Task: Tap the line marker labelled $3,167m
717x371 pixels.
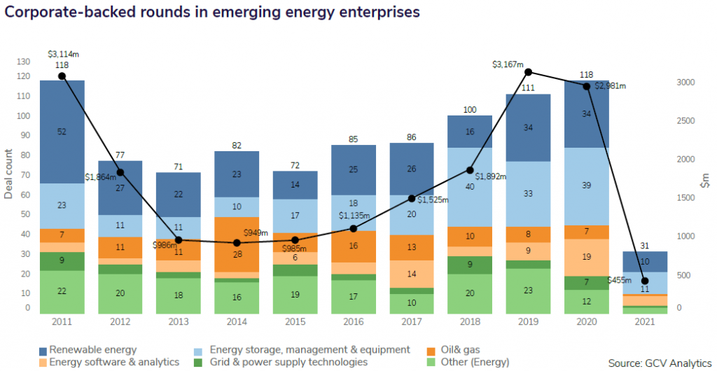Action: click(x=529, y=72)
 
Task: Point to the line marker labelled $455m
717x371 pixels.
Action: click(x=645, y=281)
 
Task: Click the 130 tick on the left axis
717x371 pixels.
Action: click(x=25, y=62)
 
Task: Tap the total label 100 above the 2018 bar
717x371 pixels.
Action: click(x=470, y=109)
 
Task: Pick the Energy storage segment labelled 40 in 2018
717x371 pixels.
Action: click(x=470, y=187)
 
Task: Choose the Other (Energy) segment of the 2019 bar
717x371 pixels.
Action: click(x=528, y=290)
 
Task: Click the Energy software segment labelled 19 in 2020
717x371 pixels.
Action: click(x=586, y=257)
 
